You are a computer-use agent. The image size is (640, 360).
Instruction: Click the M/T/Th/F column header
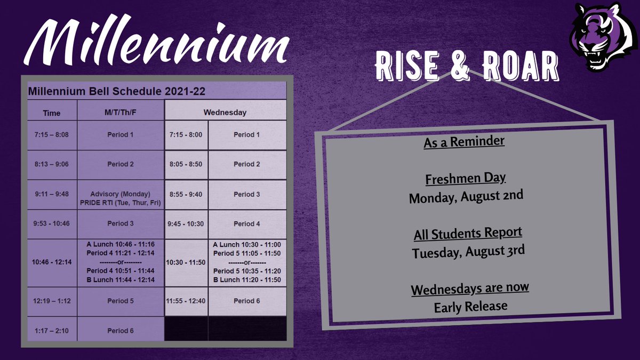[121, 113]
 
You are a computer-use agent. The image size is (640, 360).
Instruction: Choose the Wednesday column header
[225, 113]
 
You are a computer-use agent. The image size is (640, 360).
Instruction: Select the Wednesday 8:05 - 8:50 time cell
[186, 164]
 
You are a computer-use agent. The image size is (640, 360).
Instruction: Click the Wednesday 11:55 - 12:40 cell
[186, 301]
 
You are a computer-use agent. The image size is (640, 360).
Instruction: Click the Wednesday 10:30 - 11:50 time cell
[186, 262]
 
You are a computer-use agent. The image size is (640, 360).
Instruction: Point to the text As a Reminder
[464, 143]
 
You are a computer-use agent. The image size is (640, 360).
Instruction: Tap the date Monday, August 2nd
[466, 196]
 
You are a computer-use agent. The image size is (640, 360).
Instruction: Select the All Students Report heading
[468, 234]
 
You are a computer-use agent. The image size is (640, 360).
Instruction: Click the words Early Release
[470, 307]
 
